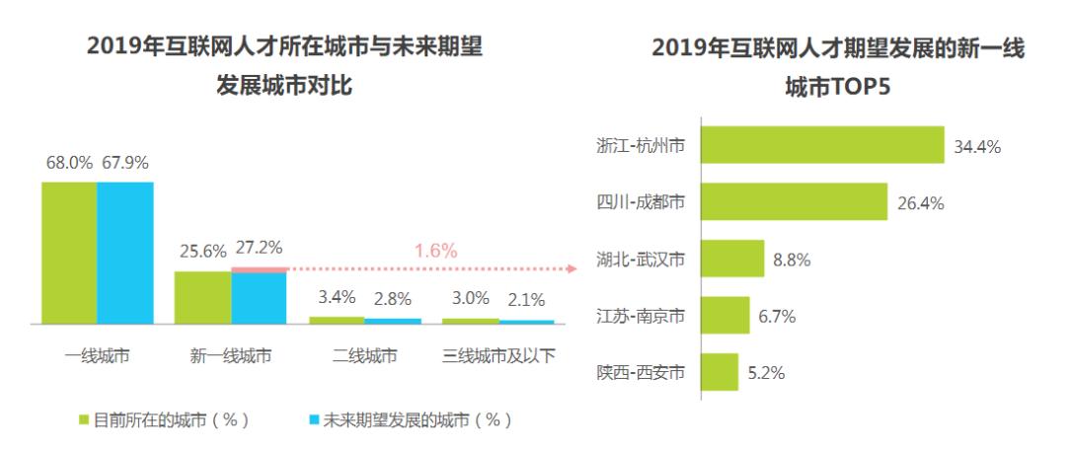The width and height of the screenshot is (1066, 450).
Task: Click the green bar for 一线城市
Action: pos(69,253)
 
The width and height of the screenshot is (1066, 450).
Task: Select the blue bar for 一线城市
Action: pos(125,253)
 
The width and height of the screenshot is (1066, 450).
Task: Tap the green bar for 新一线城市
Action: pos(202,297)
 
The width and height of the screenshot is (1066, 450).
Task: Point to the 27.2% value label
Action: pos(259,251)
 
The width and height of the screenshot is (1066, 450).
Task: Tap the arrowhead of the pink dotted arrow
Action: pos(571,267)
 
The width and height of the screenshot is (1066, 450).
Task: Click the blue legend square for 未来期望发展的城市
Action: pos(315,420)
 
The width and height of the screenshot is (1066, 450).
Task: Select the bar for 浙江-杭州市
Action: pos(822,146)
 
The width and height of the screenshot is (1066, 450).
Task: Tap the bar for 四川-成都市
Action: pos(795,203)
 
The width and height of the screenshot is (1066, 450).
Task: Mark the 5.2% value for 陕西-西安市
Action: pos(766,373)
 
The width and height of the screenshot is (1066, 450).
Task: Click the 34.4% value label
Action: pos(977,147)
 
